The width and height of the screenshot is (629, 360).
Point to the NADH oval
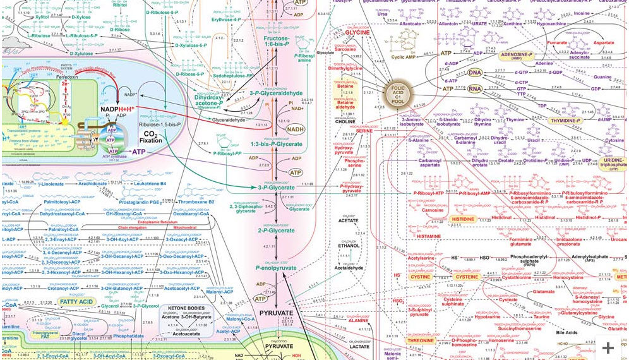click(x=294, y=112)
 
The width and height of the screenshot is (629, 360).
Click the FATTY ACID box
click(x=76, y=303)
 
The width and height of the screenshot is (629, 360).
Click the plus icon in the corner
click(x=608, y=347)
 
